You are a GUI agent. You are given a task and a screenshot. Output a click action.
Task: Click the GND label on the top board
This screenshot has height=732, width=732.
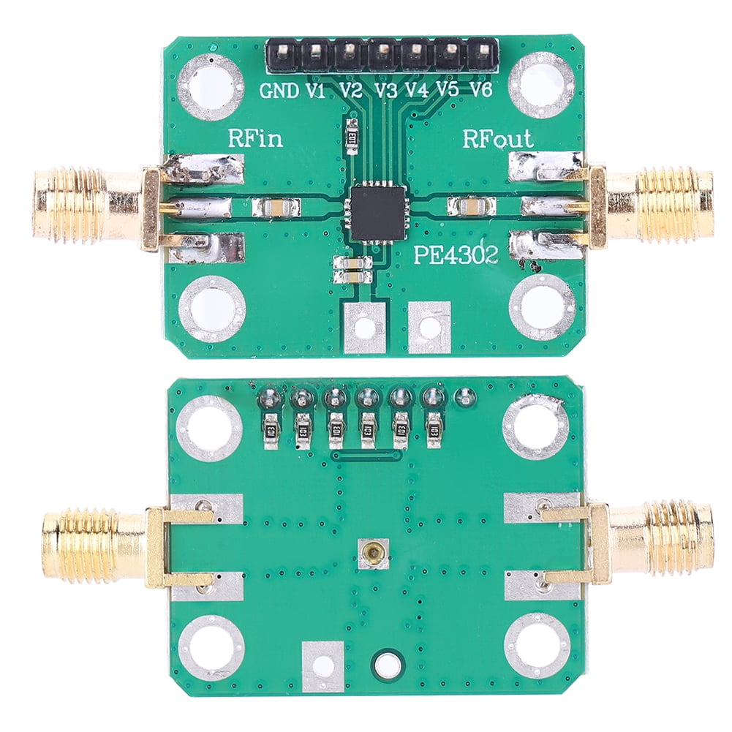click(x=279, y=91)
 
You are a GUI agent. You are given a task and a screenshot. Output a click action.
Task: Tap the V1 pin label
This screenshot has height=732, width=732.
click(x=315, y=91)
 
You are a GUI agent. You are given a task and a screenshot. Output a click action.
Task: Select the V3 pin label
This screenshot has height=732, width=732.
click(x=385, y=91)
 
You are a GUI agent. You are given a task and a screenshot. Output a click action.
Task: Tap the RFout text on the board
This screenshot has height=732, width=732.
click(x=497, y=138)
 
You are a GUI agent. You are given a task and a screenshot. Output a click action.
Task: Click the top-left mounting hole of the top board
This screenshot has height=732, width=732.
click(x=210, y=86)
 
